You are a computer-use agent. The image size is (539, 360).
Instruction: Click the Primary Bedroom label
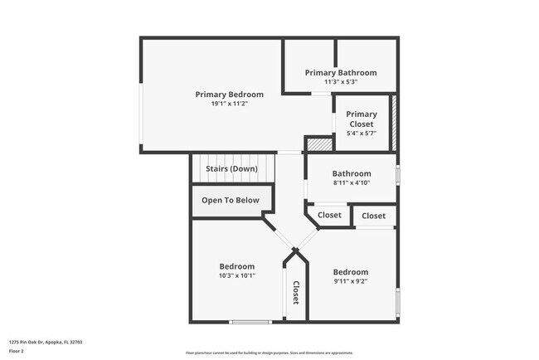(x=229, y=95)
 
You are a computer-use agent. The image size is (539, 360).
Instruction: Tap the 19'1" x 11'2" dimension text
(x=229, y=105)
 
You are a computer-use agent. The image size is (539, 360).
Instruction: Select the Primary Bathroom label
(x=340, y=73)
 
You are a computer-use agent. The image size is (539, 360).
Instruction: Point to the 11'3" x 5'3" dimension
(x=340, y=82)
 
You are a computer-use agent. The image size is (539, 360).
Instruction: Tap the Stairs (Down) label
(x=231, y=169)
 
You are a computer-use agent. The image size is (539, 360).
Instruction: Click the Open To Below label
(x=230, y=200)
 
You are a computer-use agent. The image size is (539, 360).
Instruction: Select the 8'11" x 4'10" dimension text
(x=352, y=183)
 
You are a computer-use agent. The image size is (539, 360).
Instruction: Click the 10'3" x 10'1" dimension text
(x=236, y=275)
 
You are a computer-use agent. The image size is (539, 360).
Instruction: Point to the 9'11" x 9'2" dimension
(x=350, y=281)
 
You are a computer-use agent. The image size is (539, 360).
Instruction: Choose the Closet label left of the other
(x=329, y=216)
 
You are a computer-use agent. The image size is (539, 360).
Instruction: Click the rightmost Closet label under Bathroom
(x=373, y=216)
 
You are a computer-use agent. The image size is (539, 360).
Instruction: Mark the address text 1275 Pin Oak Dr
(x=46, y=342)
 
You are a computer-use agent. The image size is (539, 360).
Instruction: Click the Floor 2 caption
(x=17, y=352)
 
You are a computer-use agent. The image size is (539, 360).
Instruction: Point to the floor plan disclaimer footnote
(x=269, y=353)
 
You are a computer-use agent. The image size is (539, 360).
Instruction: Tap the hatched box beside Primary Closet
(x=394, y=123)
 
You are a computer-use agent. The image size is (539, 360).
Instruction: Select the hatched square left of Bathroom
(x=318, y=144)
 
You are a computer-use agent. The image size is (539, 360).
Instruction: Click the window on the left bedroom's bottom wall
(x=250, y=322)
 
